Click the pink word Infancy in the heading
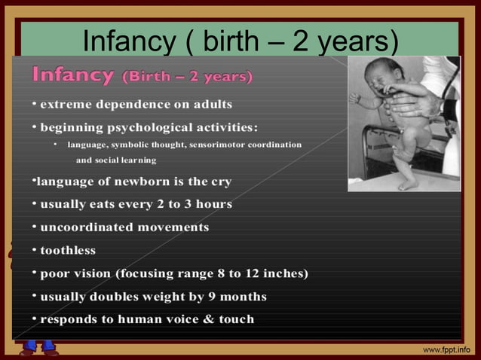pyautogui.click(x=72, y=75)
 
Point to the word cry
pyautogui.click(x=221, y=182)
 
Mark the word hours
pyautogui.click(x=213, y=204)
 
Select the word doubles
pyautogui.click(x=115, y=297)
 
